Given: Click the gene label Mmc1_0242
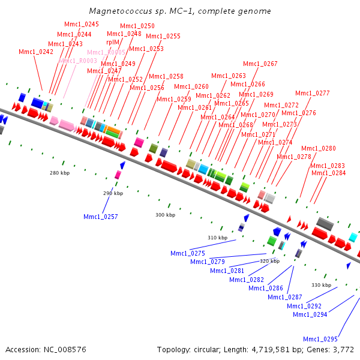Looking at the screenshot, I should pos(36,52).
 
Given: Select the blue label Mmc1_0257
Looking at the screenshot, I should pos(101,217).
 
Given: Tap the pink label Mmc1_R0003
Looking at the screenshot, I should pos(78,61).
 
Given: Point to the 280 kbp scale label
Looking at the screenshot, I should pos(60,173).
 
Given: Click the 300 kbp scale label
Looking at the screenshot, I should pos(165,215).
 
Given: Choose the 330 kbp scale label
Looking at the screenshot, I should pos(322,285).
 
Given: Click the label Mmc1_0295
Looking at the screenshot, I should pos(320,339).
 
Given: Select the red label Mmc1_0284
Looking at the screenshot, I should pos(328,173).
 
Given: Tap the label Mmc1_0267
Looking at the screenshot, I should pos(260,64).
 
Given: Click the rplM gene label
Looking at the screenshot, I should pos(113,43).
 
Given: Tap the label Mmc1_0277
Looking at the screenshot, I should pos(313,93).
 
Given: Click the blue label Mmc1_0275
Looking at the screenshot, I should pos(188,253).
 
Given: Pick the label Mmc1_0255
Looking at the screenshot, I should pos(163,36).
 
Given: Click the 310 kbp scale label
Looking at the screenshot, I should pos(217,238).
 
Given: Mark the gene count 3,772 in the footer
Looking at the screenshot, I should pos(343,349).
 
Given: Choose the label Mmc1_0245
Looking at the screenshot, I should pos(82,24).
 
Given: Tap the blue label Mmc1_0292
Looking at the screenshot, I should pos(304,306).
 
